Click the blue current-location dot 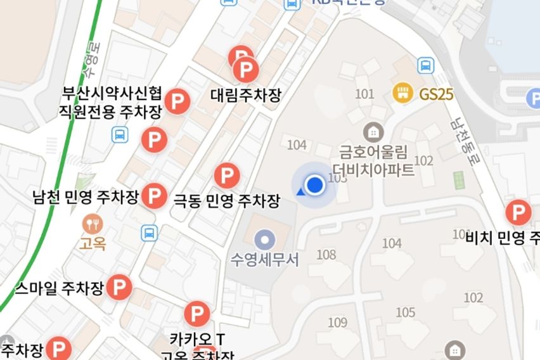point(314,186)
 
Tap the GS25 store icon point(402,94)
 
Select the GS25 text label point(437,94)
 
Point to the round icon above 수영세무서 point(264,240)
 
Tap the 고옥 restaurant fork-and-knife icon point(92,223)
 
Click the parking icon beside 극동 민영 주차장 point(227,175)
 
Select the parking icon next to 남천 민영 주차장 point(154,196)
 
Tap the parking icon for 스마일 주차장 point(119,288)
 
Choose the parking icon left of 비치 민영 point(518,212)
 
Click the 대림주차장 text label point(245,95)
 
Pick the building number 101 point(364,94)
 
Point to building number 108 point(326,255)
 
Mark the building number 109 point(338,323)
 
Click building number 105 point(405,312)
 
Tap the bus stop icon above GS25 point(425,65)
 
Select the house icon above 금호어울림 point(373,132)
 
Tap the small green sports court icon point(458,180)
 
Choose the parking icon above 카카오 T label point(196,314)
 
